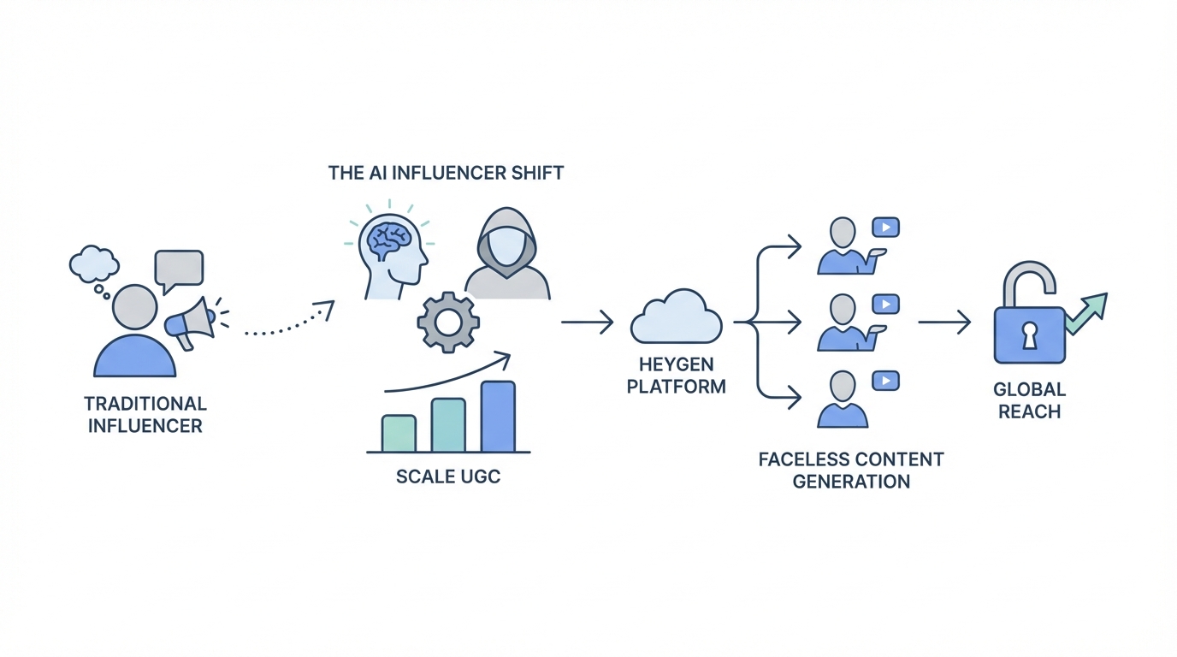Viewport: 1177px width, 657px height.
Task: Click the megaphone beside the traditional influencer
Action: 191,322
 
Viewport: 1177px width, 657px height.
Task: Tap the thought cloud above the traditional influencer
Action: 93,264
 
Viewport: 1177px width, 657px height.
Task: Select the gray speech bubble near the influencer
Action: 178,269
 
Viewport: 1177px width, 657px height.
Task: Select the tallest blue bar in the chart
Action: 498,417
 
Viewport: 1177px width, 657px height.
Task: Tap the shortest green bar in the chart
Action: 399,433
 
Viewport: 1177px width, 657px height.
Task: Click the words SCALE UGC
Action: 448,476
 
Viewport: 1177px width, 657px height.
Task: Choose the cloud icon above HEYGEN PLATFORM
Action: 676,321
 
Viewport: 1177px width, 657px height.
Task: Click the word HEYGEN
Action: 676,363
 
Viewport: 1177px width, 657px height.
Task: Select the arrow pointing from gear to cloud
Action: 587,323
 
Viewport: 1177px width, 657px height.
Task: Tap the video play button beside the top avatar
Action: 884,228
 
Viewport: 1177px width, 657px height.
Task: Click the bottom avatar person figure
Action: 843,400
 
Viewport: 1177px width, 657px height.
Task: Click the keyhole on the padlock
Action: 1030,335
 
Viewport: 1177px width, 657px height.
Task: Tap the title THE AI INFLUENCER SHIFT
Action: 446,173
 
